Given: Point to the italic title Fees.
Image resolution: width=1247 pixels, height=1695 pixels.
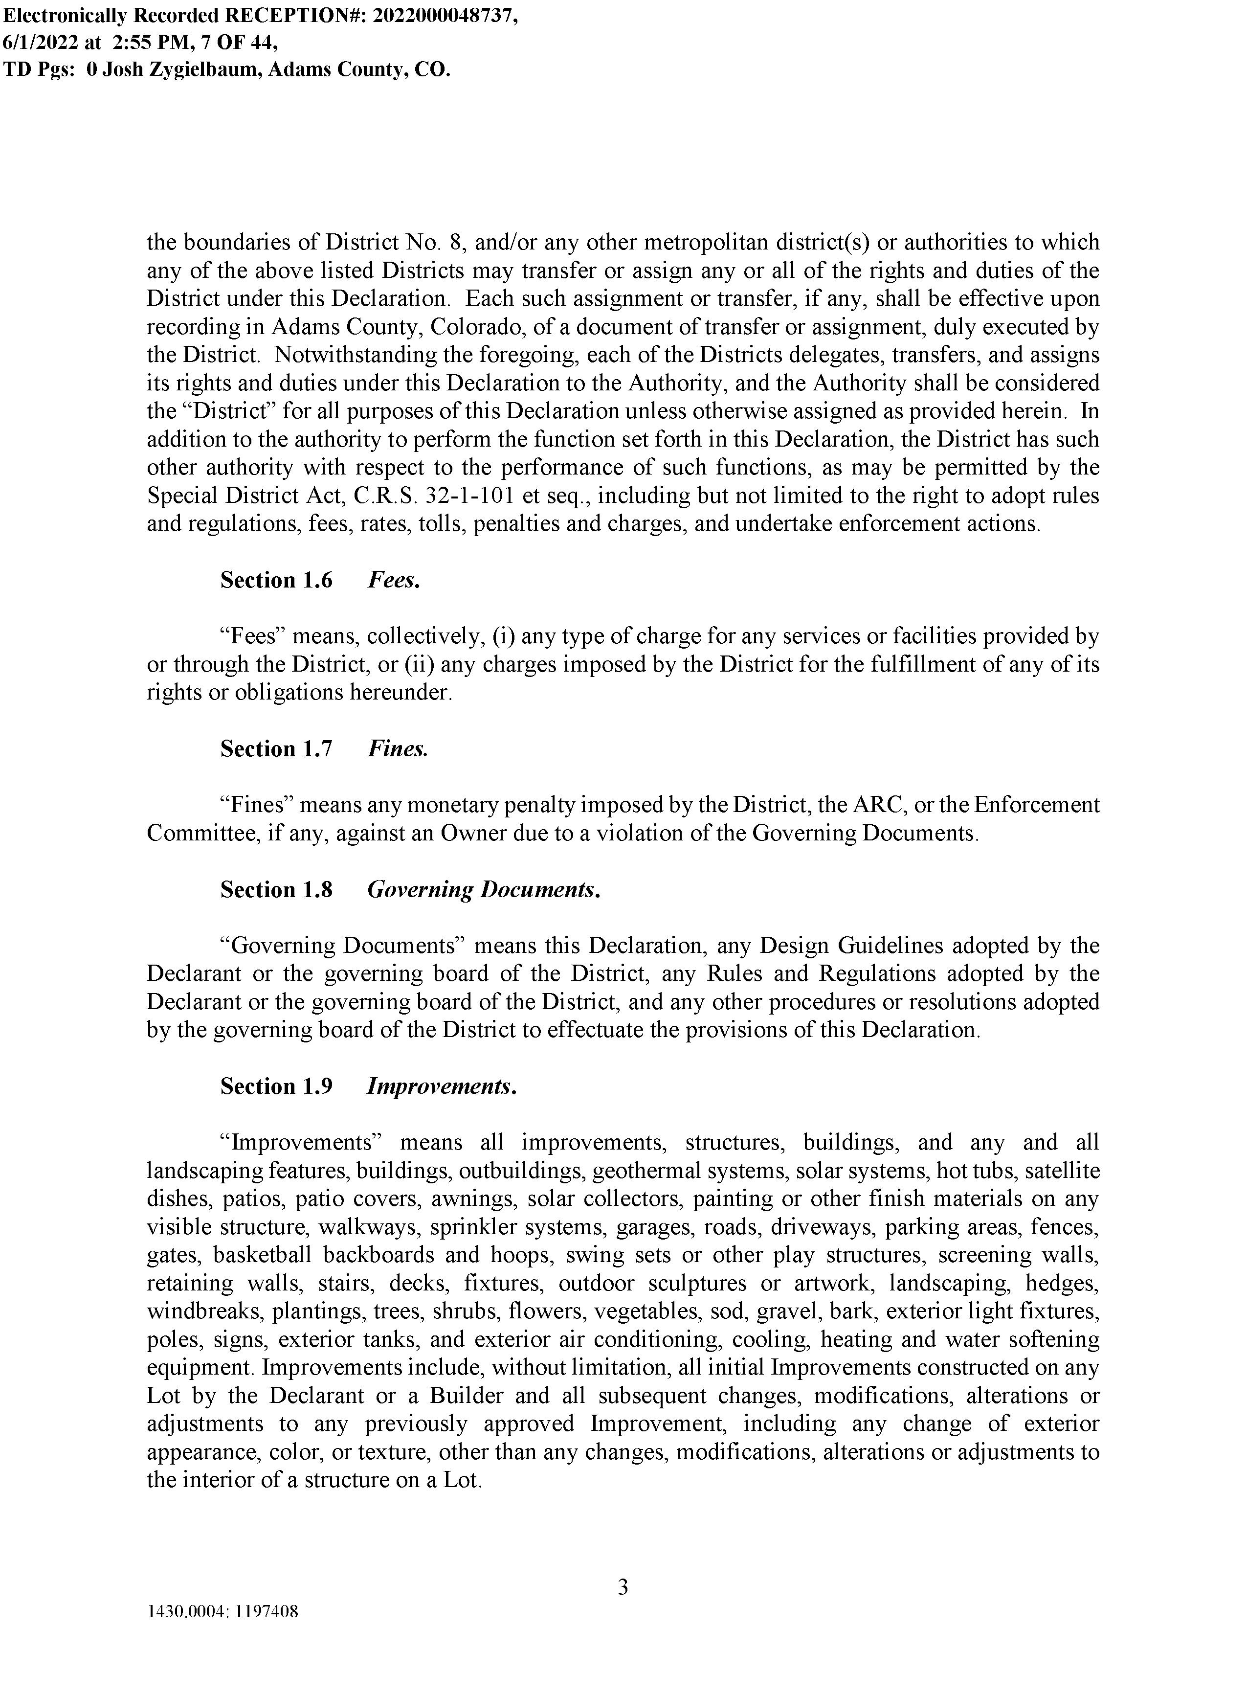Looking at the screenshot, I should click(393, 581).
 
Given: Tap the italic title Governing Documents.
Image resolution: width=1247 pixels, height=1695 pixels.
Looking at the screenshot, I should click(483, 890).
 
